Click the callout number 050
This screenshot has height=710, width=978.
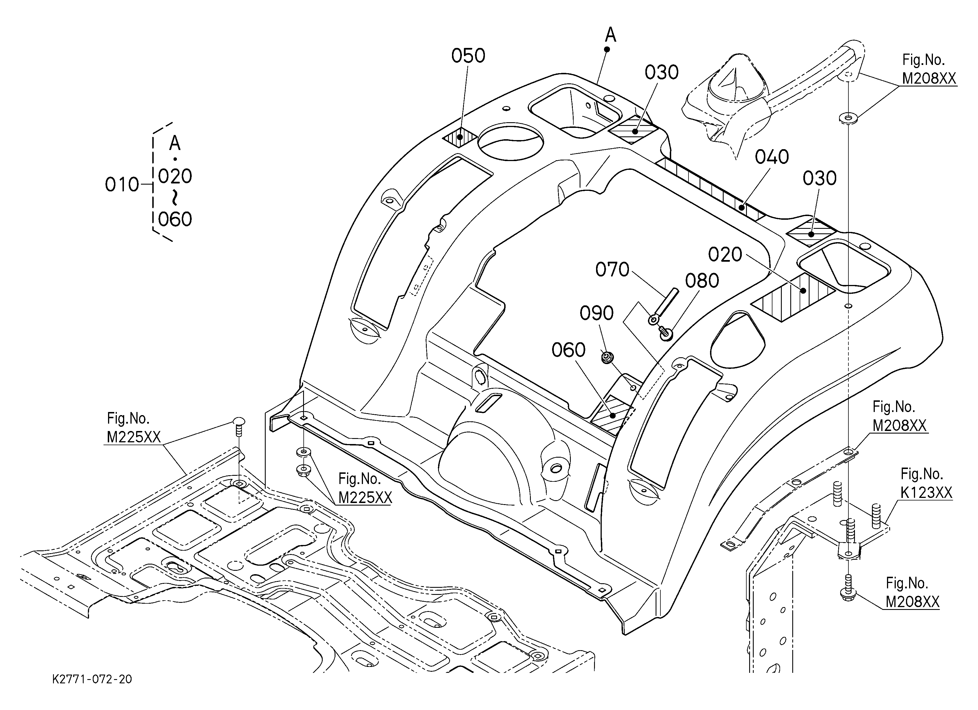(x=468, y=56)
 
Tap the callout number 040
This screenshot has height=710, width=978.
(x=772, y=157)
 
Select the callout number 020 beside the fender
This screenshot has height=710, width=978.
(x=725, y=255)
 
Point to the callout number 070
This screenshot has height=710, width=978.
(x=612, y=270)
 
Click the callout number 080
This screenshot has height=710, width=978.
(x=702, y=281)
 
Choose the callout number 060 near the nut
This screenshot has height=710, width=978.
(x=568, y=350)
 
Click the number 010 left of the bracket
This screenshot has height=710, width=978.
(x=122, y=185)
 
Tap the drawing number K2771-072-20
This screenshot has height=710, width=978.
(x=92, y=679)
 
